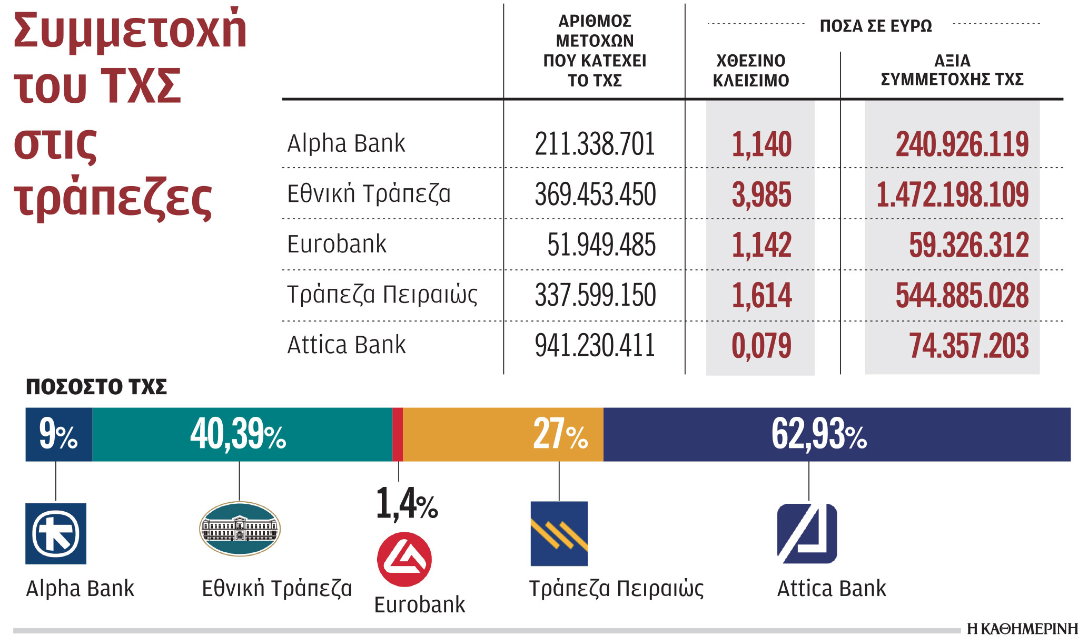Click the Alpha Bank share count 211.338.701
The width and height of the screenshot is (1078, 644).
click(x=595, y=144)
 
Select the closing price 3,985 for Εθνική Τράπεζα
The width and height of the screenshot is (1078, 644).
click(x=761, y=194)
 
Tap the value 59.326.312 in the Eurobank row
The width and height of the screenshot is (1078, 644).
click(x=968, y=245)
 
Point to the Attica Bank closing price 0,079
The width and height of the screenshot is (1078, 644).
click(x=761, y=346)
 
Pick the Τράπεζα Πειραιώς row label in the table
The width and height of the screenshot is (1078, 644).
click(x=382, y=295)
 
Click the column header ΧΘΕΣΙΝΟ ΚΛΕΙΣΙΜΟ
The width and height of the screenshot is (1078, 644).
click(x=750, y=71)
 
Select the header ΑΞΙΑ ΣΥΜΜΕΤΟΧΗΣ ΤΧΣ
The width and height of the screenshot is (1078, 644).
click(x=952, y=70)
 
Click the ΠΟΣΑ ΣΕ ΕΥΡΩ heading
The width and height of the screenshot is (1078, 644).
click(x=875, y=26)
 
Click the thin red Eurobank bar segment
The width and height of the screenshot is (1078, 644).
click(x=398, y=435)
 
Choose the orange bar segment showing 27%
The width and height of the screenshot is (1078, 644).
click(x=503, y=435)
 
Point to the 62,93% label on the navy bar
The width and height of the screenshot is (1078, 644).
click(x=819, y=435)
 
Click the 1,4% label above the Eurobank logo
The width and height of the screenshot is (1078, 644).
click(x=407, y=504)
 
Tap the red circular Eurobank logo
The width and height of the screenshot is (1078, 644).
click(x=404, y=560)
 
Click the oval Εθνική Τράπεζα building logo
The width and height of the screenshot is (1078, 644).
click(x=240, y=529)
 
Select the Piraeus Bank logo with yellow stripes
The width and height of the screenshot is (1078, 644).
click(x=559, y=533)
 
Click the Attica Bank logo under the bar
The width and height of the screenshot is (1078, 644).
click(x=807, y=533)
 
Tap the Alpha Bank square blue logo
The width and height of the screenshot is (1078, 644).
click(x=56, y=533)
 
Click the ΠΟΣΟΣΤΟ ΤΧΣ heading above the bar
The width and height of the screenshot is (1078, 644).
click(x=96, y=387)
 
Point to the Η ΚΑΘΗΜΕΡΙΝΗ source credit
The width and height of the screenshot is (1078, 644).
click(x=1022, y=629)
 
